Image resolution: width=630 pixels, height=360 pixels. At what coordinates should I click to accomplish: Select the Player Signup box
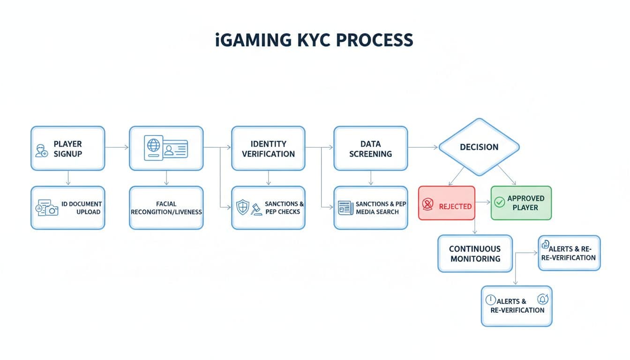pos(67,148)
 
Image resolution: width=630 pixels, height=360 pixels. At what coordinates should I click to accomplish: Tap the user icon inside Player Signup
pos(42,150)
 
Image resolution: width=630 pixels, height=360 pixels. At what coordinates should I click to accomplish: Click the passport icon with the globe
pos(153,148)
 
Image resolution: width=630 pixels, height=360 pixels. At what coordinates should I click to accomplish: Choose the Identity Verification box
pos(268,148)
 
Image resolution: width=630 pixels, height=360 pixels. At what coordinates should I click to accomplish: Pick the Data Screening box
pos(370,148)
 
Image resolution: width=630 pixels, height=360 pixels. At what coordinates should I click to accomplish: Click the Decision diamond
pos(479,147)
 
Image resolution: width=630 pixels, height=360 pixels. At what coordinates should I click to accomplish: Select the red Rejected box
pos(446,203)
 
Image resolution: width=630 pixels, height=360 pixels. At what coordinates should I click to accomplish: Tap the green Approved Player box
pos(521,203)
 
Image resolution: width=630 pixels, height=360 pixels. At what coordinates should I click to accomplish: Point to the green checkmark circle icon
pos(500,202)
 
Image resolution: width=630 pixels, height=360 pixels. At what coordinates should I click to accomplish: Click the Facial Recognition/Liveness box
pos(166,208)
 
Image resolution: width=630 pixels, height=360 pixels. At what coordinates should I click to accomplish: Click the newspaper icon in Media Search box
pos(345,208)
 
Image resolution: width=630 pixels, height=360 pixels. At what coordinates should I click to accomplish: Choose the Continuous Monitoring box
pos(475,254)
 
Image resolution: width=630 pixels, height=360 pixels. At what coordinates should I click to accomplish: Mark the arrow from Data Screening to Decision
pos(423,147)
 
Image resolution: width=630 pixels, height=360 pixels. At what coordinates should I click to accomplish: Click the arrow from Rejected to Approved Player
pos(482,203)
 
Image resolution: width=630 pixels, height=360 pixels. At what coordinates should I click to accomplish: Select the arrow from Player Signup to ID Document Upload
pos(68,178)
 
